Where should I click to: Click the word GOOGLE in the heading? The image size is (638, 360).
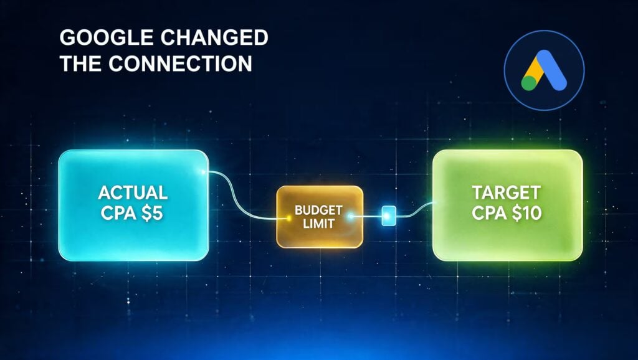click(x=107, y=38)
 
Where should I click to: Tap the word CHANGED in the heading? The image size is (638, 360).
click(x=214, y=38)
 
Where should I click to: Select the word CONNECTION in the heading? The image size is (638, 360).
click(x=180, y=64)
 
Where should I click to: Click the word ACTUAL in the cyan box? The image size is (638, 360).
click(x=133, y=192)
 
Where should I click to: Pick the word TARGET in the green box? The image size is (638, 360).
click(x=507, y=192)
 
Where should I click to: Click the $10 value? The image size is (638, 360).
click(x=527, y=213)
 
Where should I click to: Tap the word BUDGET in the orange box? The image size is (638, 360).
click(x=318, y=211)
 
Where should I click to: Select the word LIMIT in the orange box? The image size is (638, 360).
click(x=318, y=224)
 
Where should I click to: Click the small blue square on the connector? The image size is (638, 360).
click(x=389, y=216)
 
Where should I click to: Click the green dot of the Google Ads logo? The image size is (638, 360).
click(x=529, y=83)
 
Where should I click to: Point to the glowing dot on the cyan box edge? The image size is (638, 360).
click(x=202, y=172)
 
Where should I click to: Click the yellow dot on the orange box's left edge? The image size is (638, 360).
click(x=288, y=218)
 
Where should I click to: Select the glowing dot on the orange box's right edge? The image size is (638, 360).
click(x=350, y=216)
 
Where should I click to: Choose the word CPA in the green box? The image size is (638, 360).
click(x=490, y=213)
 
